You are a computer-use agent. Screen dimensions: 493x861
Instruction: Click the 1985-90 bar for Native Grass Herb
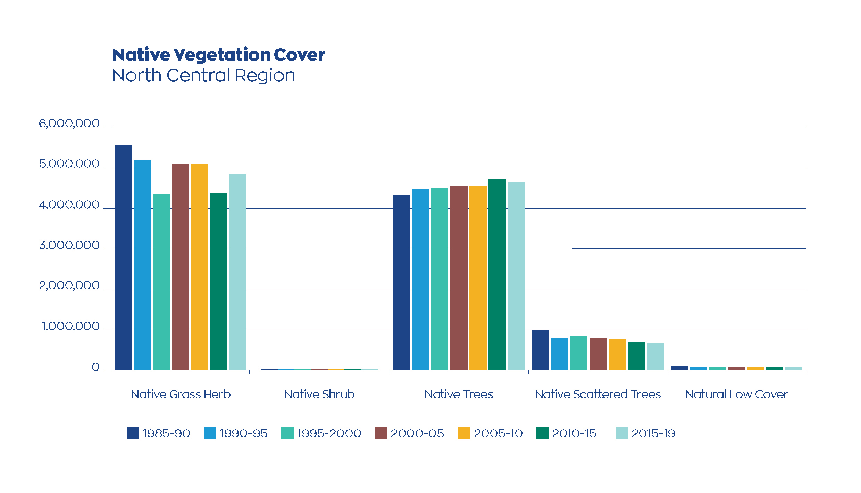click(x=123, y=257)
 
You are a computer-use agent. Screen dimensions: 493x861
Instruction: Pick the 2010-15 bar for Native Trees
click(x=497, y=274)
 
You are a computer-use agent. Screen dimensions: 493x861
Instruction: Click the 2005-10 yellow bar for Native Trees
click(x=478, y=278)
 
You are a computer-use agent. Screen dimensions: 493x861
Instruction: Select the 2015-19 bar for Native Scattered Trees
click(x=655, y=356)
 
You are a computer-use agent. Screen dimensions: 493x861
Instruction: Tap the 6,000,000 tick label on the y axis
click(x=69, y=124)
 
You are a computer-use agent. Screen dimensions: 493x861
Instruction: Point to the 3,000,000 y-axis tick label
click(x=69, y=245)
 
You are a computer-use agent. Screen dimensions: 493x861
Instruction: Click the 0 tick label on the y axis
click(x=95, y=367)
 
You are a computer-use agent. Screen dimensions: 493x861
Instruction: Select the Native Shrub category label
click(x=319, y=394)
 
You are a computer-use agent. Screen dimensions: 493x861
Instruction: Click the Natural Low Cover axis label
click(x=736, y=394)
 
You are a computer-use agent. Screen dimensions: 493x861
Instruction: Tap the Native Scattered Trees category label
click(x=597, y=394)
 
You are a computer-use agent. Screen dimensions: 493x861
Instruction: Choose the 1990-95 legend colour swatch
click(x=210, y=433)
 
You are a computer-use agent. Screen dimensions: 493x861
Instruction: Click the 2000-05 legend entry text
click(x=417, y=433)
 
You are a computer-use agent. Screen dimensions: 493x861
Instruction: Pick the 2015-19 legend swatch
click(x=621, y=433)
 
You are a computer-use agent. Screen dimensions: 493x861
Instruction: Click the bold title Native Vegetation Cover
click(x=218, y=55)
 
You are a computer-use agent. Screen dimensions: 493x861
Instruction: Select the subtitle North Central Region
click(x=203, y=75)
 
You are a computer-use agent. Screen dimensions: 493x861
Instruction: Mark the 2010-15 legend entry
click(x=574, y=433)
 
